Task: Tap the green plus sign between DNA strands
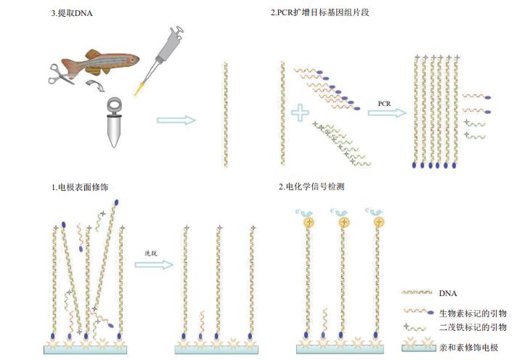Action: (x=300, y=113)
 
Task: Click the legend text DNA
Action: (x=448, y=293)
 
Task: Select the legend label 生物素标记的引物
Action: (x=473, y=313)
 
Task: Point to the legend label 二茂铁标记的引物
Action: (x=473, y=327)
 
